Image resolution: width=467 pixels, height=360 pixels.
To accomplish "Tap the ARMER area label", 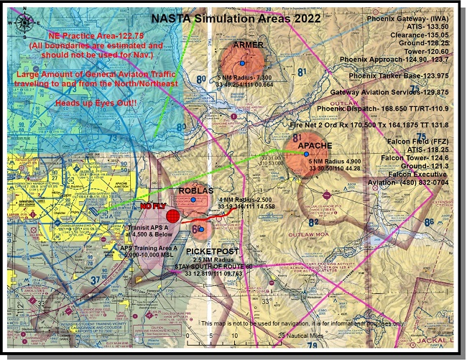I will point(248,45).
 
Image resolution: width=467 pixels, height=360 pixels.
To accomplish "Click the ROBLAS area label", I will point(195,190).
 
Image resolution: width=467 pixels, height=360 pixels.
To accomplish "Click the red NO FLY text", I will point(153,206).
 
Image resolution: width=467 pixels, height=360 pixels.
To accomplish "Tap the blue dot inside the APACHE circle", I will point(307,154).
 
